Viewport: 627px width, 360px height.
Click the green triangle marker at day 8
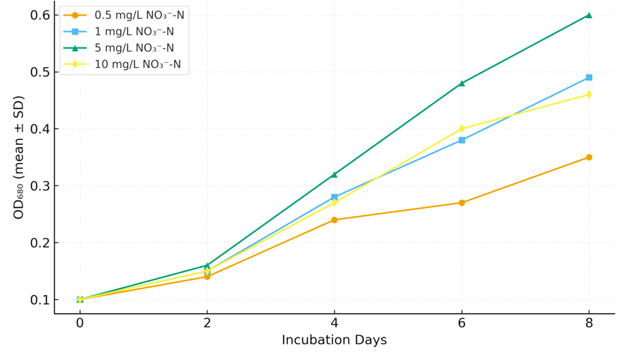click(589, 15)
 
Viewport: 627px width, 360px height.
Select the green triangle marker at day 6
click(461, 83)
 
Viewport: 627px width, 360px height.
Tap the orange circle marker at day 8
click(589, 157)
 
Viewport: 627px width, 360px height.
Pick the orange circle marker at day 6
click(461, 203)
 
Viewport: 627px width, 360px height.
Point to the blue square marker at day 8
click(589, 78)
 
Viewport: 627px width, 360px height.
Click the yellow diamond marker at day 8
click(589, 95)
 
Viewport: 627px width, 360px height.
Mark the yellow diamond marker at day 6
click(461, 129)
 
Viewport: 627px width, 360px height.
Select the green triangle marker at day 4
click(334, 174)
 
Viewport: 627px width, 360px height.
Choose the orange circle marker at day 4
click(334, 220)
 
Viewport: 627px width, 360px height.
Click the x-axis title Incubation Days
click(334, 340)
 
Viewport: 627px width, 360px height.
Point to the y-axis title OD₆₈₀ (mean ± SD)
click(19, 157)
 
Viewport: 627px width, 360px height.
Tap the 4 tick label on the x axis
click(334, 323)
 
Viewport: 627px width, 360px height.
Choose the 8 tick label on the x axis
click(589, 323)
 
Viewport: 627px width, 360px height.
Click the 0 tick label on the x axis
click(80, 323)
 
